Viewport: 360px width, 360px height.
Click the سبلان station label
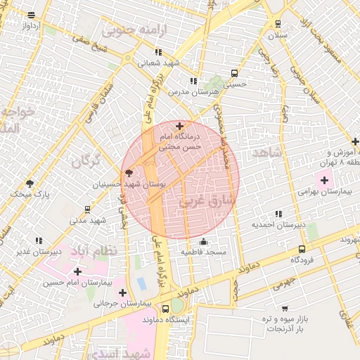276,35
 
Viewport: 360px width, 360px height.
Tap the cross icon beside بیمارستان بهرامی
323,181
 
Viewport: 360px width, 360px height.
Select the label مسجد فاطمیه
203,252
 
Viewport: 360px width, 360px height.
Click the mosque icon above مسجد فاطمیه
203,242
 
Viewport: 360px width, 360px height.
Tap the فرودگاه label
302,259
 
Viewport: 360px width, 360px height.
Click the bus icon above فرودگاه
302,249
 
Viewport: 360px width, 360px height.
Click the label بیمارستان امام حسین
76,282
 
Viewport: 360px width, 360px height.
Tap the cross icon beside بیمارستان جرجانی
123,292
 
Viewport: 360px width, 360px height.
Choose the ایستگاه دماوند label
165,319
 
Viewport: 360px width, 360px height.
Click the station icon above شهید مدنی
87,209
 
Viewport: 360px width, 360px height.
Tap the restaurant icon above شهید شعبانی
159,52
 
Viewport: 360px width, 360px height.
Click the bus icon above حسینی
234,73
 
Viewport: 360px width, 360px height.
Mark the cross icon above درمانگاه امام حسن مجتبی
179,126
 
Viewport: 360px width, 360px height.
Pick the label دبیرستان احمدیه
278,225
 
